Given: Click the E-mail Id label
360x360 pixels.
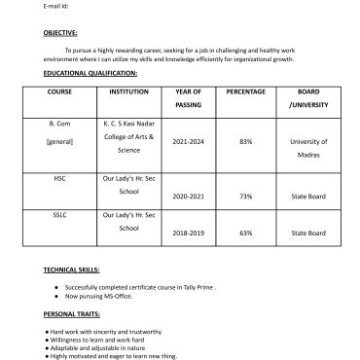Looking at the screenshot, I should click(x=56, y=5).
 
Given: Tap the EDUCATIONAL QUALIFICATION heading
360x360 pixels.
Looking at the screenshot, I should click(x=90, y=73).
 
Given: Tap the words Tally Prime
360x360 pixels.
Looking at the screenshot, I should click(x=196, y=287).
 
